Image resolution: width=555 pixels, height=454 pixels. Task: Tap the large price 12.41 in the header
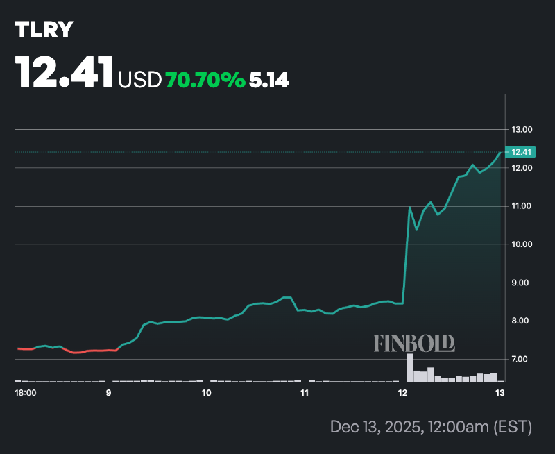tap(65, 72)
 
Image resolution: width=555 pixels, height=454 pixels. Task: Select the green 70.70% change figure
tap(205, 81)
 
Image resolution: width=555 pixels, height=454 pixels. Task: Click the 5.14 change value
tap(269, 81)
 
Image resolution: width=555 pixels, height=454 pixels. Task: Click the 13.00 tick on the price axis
tap(522, 130)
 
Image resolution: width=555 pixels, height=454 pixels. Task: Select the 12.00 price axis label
tap(522, 168)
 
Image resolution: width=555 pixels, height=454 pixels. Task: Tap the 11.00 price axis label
tap(522, 206)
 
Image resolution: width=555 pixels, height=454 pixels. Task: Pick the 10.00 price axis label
tap(522, 244)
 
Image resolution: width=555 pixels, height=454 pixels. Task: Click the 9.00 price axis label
tap(522, 283)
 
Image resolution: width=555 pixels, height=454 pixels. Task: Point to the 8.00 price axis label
tap(522, 321)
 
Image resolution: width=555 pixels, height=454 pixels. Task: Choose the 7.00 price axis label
tap(522, 359)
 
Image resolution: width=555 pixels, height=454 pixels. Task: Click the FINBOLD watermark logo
tap(414, 342)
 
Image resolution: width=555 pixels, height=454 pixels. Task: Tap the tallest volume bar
tap(409, 368)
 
